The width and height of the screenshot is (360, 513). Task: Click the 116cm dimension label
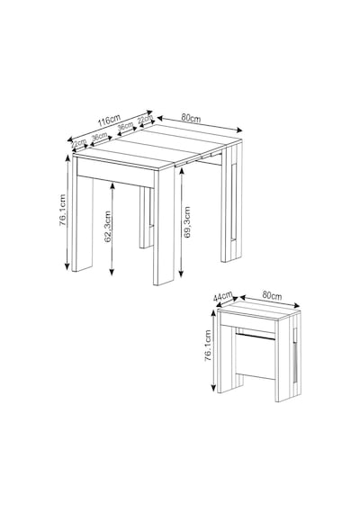(109, 120)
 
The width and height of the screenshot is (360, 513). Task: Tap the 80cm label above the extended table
(191, 118)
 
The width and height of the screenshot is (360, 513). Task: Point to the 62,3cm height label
(108, 227)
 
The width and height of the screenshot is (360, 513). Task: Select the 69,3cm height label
(187, 221)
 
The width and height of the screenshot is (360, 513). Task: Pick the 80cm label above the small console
(272, 295)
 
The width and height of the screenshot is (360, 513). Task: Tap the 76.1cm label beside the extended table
(62, 210)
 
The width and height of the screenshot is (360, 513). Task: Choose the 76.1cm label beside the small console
(208, 346)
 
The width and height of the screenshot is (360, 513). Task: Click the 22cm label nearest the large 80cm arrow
(145, 120)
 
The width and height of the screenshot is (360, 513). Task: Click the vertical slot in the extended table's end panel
(234, 202)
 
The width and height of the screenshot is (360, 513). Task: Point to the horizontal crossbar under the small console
(256, 337)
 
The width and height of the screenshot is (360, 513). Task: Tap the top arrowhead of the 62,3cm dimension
(112, 185)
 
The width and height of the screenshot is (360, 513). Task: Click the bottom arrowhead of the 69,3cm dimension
(181, 274)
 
